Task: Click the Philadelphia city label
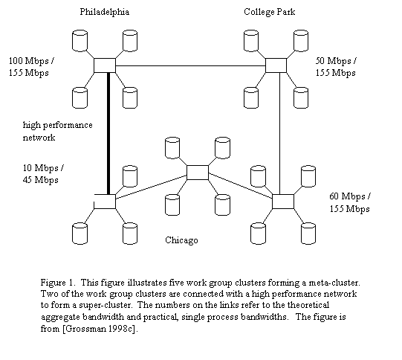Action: coord(105,12)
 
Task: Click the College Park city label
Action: coord(270,12)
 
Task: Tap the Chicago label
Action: coord(181,240)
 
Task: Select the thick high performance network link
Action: coord(108,133)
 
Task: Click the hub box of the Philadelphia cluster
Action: coord(105,65)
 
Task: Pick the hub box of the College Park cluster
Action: coord(276,65)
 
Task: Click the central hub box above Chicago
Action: coord(198,173)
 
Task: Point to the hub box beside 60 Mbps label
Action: coord(283,202)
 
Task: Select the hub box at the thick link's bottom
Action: coord(105,202)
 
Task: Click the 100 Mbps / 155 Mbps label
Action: coord(31,67)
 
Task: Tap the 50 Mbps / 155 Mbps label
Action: coord(336,67)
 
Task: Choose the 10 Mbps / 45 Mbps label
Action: coord(43,174)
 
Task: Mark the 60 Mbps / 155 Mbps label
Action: coord(350,202)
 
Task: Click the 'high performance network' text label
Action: coord(58,131)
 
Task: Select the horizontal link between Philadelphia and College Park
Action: coord(190,65)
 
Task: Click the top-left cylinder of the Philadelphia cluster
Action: coord(80,41)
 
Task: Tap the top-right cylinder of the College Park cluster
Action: coord(301,41)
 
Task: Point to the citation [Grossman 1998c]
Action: coord(100,329)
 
